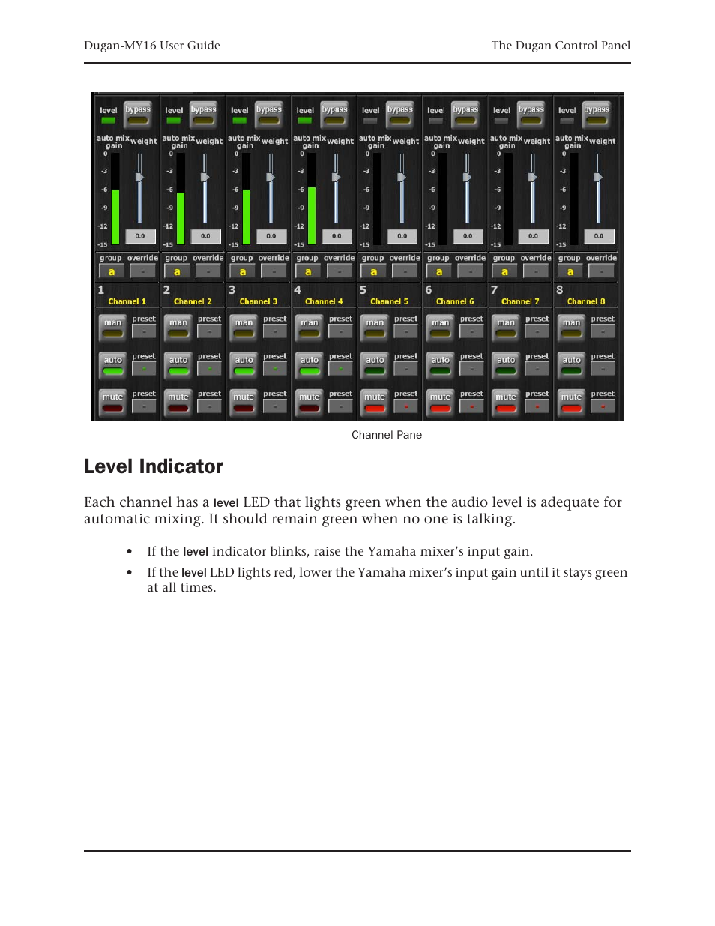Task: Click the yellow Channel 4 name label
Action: click(x=324, y=301)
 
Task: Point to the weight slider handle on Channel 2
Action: click(x=205, y=178)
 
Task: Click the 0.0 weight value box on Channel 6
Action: click(x=468, y=236)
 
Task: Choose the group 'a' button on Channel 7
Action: click(x=504, y=272)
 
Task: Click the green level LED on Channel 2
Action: click(x=174, y=121)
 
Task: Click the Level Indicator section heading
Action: click(x=154, y=466)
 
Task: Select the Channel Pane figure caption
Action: click(x=387, y=435)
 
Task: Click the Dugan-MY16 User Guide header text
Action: click(x=152, y=46)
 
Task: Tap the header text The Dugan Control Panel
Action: click(x=561, y=46)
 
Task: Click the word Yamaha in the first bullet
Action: click(x=392, y=552)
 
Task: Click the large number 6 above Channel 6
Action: click(x=429, y=290)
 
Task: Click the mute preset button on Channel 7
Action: click(x=537, y=406)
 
